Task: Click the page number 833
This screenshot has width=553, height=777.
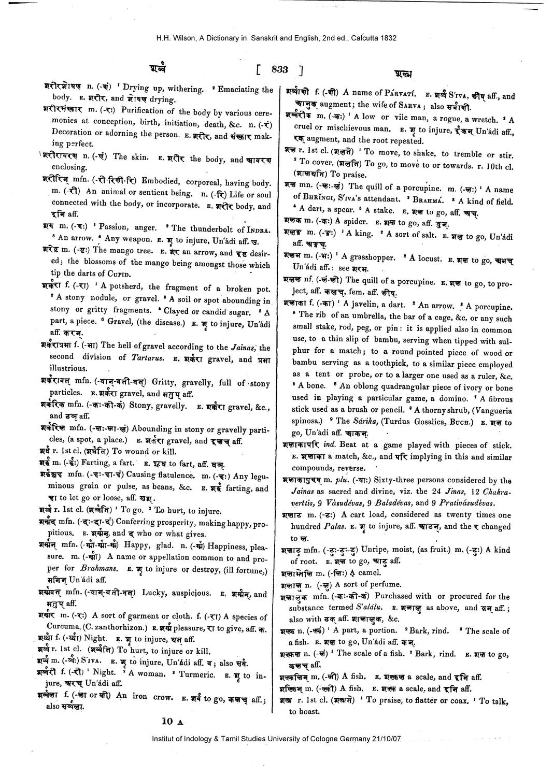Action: tap(279, 69)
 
